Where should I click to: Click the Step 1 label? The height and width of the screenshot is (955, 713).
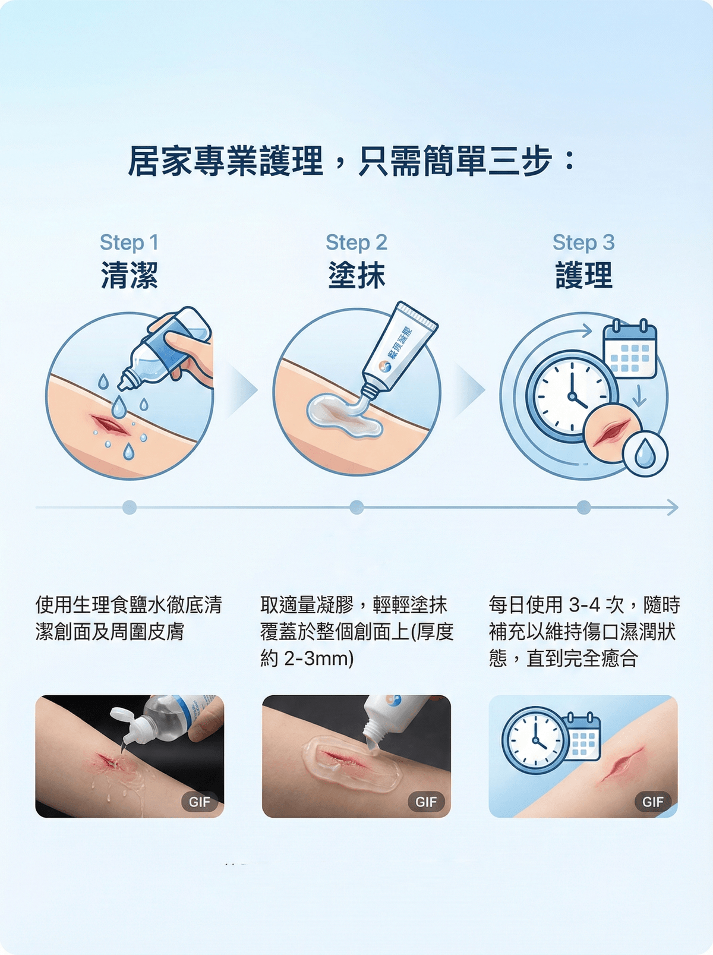click(x=129, y=242)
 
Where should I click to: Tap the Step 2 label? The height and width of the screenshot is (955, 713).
click(x=356, y=242)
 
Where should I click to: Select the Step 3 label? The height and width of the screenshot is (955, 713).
click(x=583, y=242)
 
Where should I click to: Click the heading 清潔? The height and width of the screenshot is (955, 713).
click(x=129, y=276)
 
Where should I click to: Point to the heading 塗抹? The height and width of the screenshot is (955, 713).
click(x=356, y=276)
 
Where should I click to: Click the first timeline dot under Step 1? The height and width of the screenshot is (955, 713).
click(x=130, y=508)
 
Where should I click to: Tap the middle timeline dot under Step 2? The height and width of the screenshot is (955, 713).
click(x=356, y=508)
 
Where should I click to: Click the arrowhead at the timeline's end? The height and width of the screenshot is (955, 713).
click(x=672, y=508)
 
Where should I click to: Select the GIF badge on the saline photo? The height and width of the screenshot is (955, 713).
click(x=200, y=802)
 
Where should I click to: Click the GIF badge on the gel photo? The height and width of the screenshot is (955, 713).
click(x=426, y=802)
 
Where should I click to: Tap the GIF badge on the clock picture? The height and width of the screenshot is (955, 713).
click(x=652, y=802)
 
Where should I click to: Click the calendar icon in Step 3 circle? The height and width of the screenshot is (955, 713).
click(x=630, y=351)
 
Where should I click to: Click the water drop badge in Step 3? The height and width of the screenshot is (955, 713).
click(x=645, y=455)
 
